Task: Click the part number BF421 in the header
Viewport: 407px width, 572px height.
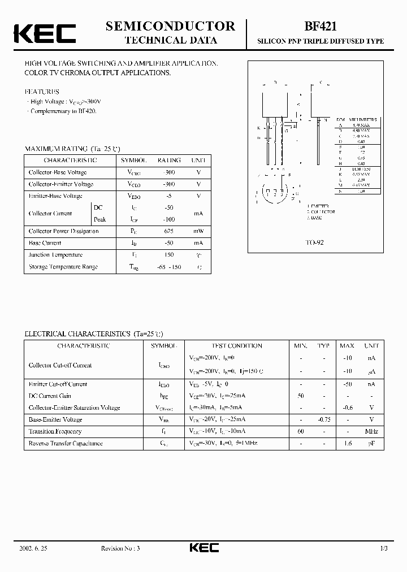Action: pos(321,26)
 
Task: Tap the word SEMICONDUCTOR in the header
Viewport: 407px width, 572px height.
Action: pos(170,26)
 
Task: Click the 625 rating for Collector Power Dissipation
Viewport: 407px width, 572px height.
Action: pos(168,231)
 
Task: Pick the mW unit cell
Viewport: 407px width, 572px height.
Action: pos(198,231)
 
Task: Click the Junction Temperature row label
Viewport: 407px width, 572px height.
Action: pos(55,255)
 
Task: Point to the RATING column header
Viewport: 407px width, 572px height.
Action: pos(168,161)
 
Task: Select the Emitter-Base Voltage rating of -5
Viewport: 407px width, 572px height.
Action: pos(168,196)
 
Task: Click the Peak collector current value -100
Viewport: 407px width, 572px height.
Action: pos(168,219)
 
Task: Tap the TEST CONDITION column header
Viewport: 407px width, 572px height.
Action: pos(237,345)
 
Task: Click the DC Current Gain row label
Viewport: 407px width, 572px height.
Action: pos(50,396)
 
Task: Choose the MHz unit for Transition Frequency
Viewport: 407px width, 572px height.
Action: pos(371,431)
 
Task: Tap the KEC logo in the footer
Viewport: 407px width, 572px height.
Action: pos(203,548)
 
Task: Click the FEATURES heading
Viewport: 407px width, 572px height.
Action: pos(41,91)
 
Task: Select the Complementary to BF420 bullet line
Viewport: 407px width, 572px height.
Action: pos(63,111)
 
